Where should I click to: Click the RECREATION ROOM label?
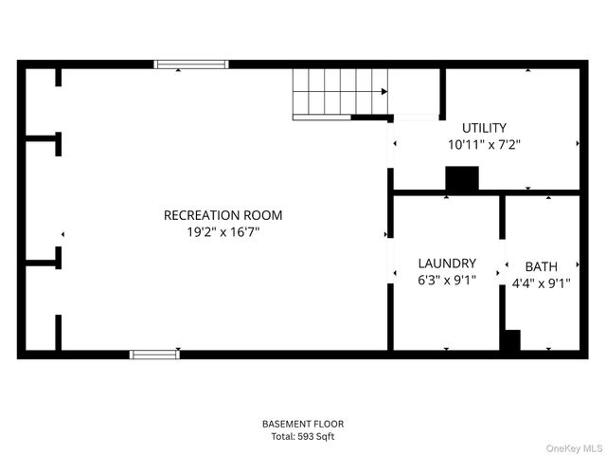tap(223, 215)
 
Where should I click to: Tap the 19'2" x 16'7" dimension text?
tap(223, 232)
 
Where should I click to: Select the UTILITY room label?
tap(484, 128)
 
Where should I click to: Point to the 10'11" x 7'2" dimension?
tap(484, 145)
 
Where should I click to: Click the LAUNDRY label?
tap(447, 263)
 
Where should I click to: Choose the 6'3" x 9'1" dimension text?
tap(447, 280)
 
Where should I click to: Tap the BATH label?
tap(542, 266)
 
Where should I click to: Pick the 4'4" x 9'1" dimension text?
tap(542, 282)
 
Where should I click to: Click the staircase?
tap(339, 92)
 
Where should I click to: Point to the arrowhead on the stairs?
tap(383, 92)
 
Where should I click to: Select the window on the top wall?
tap(191, 64)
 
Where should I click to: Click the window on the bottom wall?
tap(154, 355)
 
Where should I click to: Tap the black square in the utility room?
tap(462, 179)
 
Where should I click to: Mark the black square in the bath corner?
tap(510, 341)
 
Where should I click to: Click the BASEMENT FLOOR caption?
tap(303, 424)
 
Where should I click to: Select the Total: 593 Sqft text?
tap(303, 437)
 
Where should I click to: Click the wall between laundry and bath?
tap(502, 218)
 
